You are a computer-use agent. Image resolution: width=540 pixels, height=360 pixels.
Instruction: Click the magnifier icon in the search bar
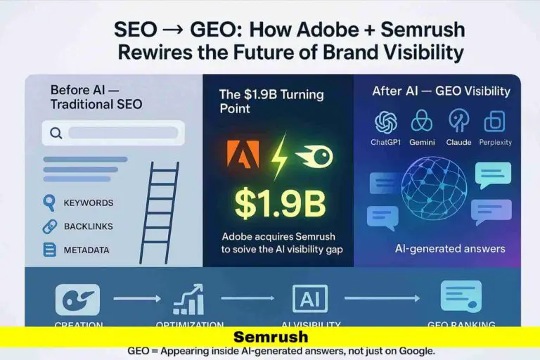(55, 133)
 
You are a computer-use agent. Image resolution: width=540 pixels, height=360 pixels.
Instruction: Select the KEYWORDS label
(88, 203)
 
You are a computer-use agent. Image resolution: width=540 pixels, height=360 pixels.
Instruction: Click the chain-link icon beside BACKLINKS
(49, 226)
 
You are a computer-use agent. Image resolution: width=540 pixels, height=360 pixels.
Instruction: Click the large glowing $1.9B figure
(280, 203)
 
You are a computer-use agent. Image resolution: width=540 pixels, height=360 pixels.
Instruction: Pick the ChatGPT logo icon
(385, 122)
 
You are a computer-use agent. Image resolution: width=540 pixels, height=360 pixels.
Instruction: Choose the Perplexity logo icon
(494, 122)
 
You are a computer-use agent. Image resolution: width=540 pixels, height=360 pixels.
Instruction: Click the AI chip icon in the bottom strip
(309, 300)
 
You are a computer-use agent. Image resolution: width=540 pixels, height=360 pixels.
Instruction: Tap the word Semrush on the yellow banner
(270, 337)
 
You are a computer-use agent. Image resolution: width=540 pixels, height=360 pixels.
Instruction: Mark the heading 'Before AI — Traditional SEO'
(96, 97)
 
